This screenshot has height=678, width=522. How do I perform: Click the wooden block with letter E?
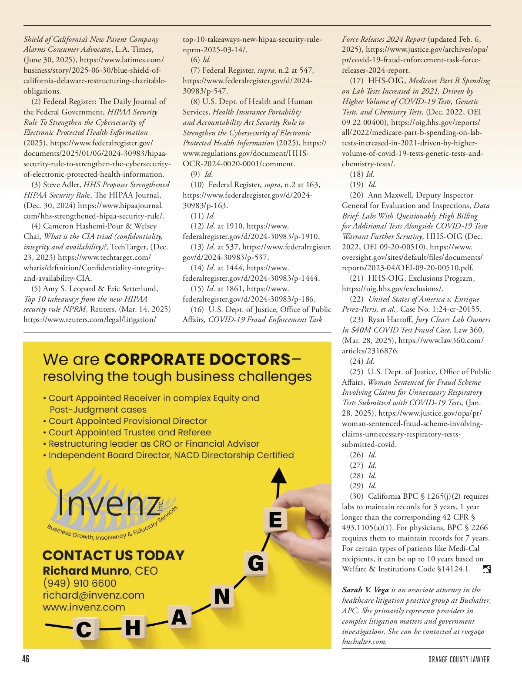coord(275,520)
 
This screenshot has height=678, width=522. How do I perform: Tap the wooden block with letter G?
coord(255,563)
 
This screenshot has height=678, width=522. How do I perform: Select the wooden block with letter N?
coord(222,596)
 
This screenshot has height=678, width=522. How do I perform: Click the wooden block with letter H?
coord(133,628)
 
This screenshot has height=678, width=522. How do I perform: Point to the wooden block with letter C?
coord(84,629)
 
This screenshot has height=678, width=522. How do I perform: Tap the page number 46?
coord(26,659)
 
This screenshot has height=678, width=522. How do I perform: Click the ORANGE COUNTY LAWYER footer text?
coord(459,659)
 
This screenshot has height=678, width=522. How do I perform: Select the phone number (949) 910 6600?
coord(80,583)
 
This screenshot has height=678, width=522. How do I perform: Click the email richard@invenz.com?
coord(94,595)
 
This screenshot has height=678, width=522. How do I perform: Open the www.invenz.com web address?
coord(84,607)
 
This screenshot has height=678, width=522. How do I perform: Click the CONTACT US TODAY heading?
coord(114,555)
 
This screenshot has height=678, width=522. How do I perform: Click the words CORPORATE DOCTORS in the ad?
coord(197,359)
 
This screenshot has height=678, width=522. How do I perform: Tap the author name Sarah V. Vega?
coord(365,590)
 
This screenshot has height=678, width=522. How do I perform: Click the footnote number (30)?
coord(357,496)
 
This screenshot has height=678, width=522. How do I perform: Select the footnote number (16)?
coord(197,309)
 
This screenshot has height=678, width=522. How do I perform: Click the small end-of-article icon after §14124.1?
coord(487,569)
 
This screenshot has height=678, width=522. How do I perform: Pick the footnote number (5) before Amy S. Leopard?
coord(36,289)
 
